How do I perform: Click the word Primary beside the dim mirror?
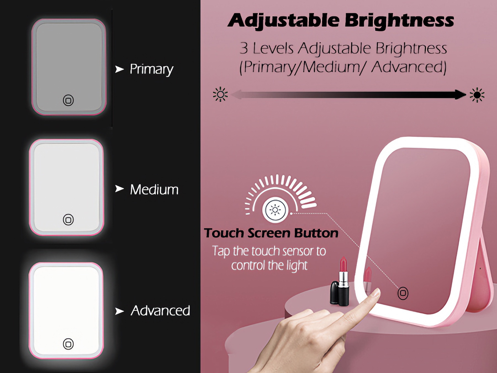pyautogui.click(x=152, y=69)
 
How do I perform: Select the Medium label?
pyautogui.click(x=154, y=190)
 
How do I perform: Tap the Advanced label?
pyautogui.click(x=160, y=311)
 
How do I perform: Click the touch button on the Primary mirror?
pyautogui.click(x=68, y=100)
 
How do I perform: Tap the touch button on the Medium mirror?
pyautogui.click(x=68, y=220)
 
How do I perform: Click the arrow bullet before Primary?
pyautogui.click(x=120, y=69)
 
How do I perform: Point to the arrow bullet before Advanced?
pyautogui.click(x=120, y=311)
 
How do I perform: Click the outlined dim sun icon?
pyautogui.click(x=220, y=94)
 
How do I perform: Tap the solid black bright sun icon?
pyautogui.click(x=477, y=95)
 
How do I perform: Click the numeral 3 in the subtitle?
pyautogui.click(x=244, y=48)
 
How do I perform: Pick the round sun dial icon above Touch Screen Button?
pyautogui.click(x=275, y=210)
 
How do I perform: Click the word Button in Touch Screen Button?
pyautogui.click(x=316, y=233)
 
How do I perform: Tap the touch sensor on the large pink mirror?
pyautogui.click(x=403, y=293)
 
